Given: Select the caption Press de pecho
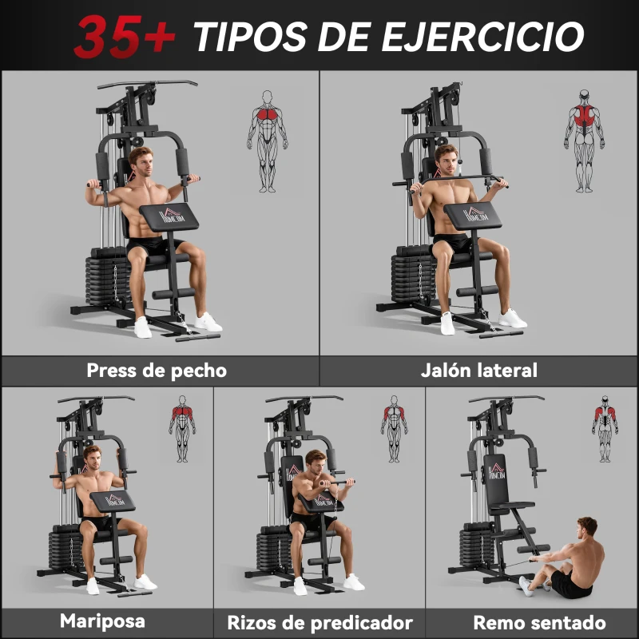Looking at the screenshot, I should coord(157,371).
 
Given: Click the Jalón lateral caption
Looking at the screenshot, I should coord(479,371).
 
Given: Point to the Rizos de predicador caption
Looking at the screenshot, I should coord(319,622).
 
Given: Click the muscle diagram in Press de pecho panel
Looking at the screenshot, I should coord(267,141).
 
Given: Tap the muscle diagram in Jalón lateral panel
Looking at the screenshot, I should coord(585,141).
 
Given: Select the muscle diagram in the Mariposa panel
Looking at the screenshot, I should coord(182,428).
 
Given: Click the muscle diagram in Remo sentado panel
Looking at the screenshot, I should coord(605,428).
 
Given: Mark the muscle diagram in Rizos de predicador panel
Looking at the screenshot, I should coord(394,428).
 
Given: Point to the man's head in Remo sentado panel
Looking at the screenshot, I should coord(587,527).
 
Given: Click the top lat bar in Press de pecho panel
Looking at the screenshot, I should coord(148,83).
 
